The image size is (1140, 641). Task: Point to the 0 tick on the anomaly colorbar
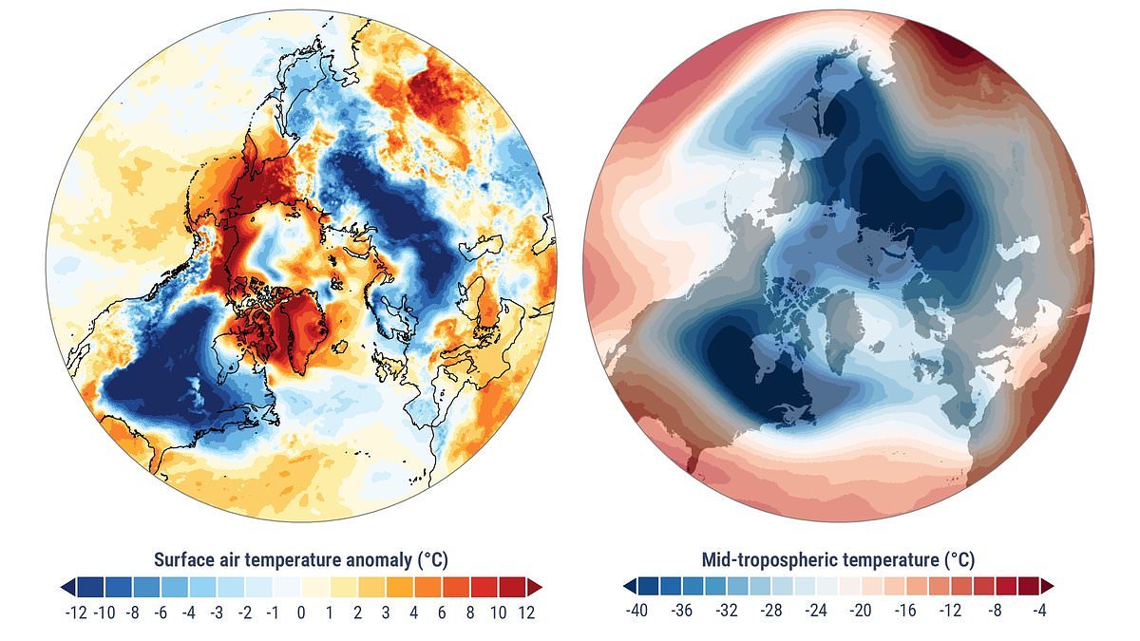[x=301, y=613]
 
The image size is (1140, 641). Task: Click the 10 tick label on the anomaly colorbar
[x=499, y=613]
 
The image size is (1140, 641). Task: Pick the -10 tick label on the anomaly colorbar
[x=104, y=613]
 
